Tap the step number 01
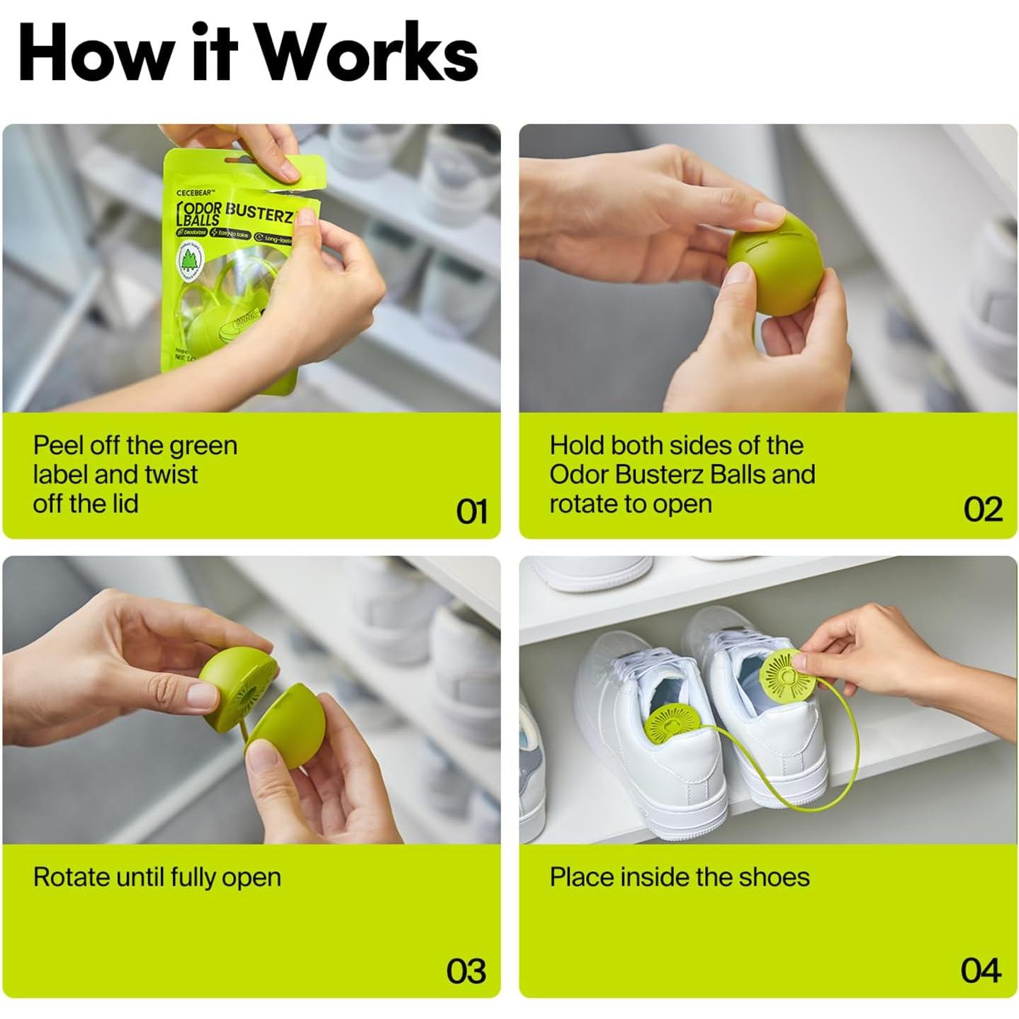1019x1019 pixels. click(471, 511)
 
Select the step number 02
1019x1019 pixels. click(982, 509)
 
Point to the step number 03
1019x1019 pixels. click(466, 971)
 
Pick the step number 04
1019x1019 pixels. click(980, 971)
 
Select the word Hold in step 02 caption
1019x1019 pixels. click(576, 446)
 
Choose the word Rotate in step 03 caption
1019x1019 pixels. click(71, 877)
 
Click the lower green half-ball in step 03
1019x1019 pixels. click(286, 727)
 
